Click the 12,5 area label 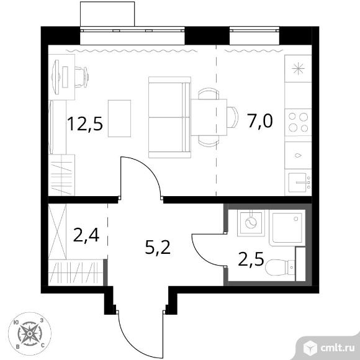[x=85, y=124]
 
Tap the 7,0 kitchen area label [x=260, y=121]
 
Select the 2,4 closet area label [x=86, y=235]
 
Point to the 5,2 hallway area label [x=158, y=248]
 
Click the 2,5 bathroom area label [x=251, y=259]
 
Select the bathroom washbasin [x=251, y=223]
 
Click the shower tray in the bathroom [x=287, y=228]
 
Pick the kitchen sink [x=298, y=182]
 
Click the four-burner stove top [x=298, y=122]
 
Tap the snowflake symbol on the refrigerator [x=298, y=68]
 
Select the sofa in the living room [x=169, y=117]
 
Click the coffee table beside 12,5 [x=119, y=119]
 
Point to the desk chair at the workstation [x=82, y=77]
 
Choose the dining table [x=209, y=117]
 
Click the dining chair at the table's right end [x=233, y=117]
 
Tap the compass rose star [x=30, y=333]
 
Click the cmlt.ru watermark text [x=337, y=348]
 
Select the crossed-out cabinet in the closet [x=57, y=232]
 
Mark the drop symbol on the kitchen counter [x=298, y=155]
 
